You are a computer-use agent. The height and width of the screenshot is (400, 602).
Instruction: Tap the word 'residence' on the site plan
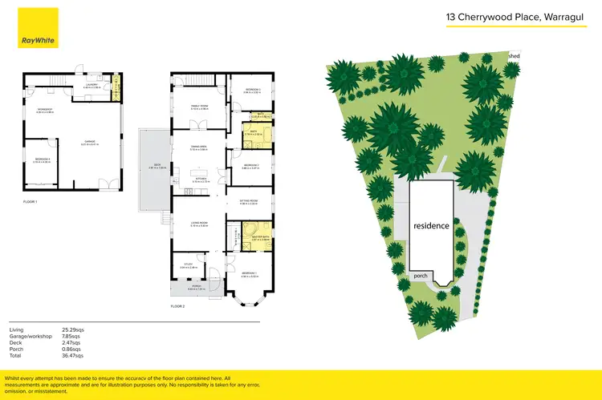(431, 226)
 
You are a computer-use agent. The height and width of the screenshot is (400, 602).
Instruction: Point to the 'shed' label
(515, 56)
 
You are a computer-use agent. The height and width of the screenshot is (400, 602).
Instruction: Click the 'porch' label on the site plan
(420, 275)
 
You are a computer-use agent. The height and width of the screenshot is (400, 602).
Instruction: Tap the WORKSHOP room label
(44, 110)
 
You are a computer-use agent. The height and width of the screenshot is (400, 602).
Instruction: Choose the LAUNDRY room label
(92, 83)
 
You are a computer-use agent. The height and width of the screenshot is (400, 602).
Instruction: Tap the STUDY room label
(189, 264)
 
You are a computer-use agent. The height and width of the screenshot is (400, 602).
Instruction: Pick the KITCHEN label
(200, 179)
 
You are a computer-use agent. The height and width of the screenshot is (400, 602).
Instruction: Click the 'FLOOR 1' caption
(31, 202)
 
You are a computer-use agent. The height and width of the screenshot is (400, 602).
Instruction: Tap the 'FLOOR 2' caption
(177, 306)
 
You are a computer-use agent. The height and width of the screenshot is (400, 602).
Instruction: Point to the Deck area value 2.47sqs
(73, 342)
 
